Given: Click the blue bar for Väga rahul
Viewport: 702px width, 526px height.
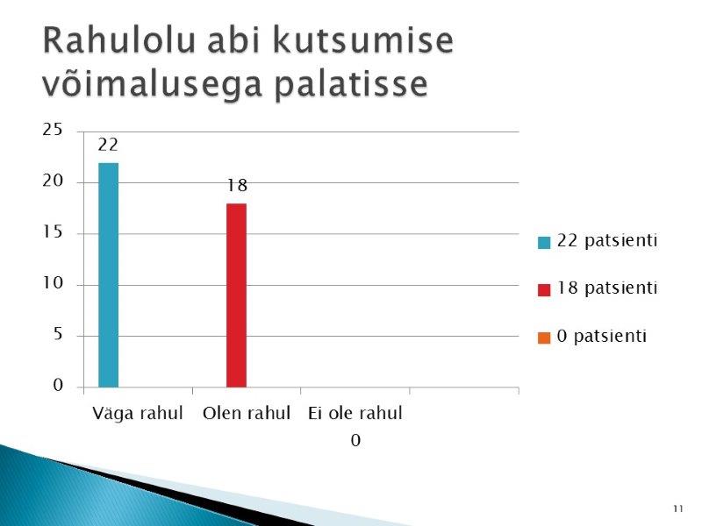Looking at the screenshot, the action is (x=108, y=275).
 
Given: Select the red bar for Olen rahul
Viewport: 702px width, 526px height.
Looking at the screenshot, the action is (x=236, y=295).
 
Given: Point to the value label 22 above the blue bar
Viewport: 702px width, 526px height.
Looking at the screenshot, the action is (x=108, y=145).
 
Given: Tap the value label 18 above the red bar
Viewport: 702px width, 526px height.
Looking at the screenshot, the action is (x=237, y=185).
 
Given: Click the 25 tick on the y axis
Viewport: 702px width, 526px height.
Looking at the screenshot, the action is (x=53, y=130).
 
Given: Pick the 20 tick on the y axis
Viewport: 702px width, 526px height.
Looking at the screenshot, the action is (x=53, y=181).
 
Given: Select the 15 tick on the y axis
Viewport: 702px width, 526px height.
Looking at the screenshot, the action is (x=53, y=231).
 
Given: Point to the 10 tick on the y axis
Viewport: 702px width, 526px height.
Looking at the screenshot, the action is (x=53, y=282).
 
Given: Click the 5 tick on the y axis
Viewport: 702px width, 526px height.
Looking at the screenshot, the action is (x=58, y=334).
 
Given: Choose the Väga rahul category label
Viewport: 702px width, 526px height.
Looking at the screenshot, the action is (x=138, y=413).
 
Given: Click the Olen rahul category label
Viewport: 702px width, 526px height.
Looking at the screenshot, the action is (x=247, y=413).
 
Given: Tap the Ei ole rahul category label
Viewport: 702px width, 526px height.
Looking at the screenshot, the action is (x=355, y=413).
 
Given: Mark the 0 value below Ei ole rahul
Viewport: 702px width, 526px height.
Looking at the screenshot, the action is (x=355, y=441).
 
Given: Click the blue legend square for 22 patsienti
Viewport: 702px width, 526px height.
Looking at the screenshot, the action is (x=544, y=243).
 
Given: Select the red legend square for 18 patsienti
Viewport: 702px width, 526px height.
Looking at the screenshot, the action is (x=544, y=290).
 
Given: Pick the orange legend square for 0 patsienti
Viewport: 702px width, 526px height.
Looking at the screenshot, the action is (x=544, y=338).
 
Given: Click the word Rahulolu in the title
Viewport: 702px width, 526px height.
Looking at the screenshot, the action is (x=119, y=40).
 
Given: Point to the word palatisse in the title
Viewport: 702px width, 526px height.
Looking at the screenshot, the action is (x=352, y=83).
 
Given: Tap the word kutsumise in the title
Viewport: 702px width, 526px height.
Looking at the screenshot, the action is (x=363, y=40).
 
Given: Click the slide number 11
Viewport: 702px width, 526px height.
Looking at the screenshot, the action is (x=677, y=508).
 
